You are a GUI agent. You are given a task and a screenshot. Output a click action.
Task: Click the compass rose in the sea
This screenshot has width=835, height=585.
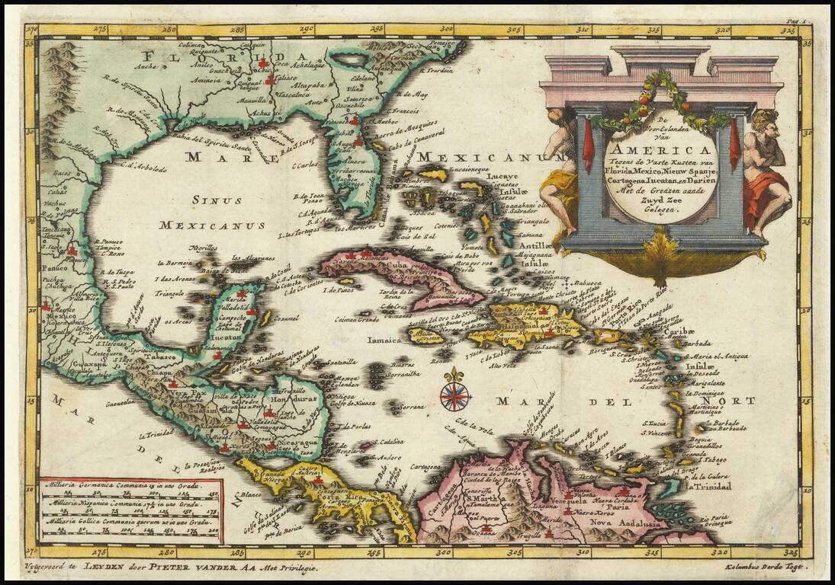coord(455,394)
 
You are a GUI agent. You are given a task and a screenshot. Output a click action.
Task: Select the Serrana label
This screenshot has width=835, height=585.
coord(413,407)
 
